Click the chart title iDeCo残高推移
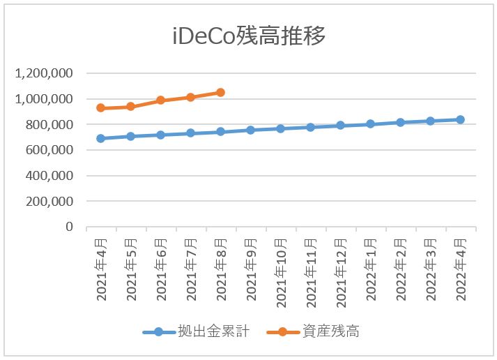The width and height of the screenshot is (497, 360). pyautogui.click(x=248, y=36)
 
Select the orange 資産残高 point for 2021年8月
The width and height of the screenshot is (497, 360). pyautogui.click(x=220, y=92)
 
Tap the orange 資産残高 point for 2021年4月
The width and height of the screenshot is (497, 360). pyautogui.click(x=101, y=108)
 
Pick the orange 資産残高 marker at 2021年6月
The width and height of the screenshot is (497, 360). pyautogui.click(x=160, y=100)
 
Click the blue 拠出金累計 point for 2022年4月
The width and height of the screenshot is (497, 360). pyautogui.click(x=460, y=119)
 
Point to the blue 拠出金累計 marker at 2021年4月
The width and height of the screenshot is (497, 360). pyautogui.click(x=101, y=138)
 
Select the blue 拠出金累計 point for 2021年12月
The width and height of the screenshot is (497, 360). pyautogui.click(x=340, y=126)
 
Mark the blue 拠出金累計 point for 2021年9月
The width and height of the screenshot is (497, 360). pyautogui.click(x=250, y=130)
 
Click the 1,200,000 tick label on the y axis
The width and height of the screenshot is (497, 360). pyautogui.click(x=47, y=73)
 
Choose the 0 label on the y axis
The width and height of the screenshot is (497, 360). pyautogui.click(x=69, y=227)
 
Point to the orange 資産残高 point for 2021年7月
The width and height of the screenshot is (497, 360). pyautogui.click(x=190, y=97)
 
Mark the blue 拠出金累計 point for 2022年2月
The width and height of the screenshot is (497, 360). pyautogui.click(x=400, y=122)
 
